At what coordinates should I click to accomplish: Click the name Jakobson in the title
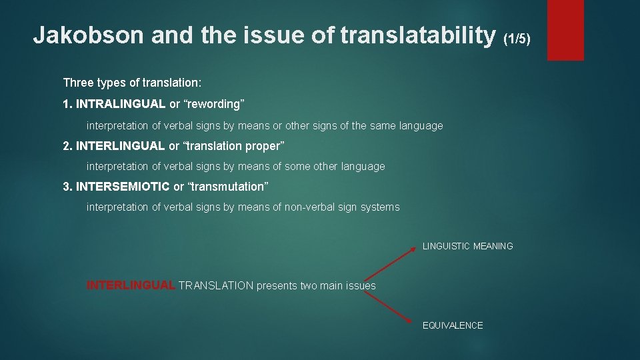point(89,35)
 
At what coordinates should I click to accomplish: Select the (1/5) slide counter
point(517,39)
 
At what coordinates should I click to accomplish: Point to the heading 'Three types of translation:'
point(132,83)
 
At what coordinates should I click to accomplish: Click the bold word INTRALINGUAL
point(121,104)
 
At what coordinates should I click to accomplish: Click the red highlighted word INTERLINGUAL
point(131,285)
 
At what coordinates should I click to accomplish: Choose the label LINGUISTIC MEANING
point(467,246)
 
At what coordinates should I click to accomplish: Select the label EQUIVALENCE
point(453,325)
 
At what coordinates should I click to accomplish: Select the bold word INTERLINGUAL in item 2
point(121,146)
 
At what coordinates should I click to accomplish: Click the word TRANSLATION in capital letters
point(216,285)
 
